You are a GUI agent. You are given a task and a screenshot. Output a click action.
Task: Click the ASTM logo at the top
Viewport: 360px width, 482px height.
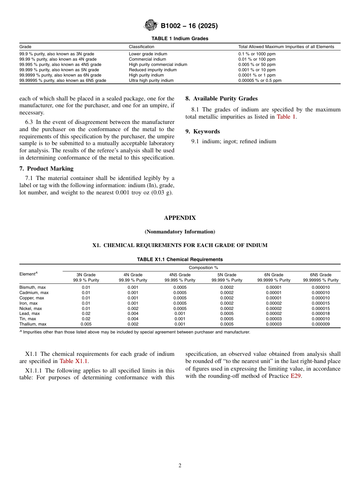pos(150,25)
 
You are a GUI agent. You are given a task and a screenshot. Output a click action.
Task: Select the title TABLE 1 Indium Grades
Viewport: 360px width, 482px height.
pos(180,39)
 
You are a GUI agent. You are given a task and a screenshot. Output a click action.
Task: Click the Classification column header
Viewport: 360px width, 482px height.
pos(141,47)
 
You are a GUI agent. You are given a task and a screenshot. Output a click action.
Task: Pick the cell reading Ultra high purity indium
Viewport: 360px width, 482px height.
pos(151,81)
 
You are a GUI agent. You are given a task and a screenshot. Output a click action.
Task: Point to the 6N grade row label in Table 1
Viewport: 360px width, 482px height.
pos(60,75)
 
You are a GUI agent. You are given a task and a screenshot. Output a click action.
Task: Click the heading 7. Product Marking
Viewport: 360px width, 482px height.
pos(46,169)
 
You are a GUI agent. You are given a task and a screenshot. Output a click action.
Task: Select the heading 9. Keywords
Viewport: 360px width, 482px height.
pos(202,131)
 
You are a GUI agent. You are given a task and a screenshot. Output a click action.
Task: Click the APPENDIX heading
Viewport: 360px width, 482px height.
pos(180,218)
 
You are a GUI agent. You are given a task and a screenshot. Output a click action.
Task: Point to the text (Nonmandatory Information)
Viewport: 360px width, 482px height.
pos(180,232)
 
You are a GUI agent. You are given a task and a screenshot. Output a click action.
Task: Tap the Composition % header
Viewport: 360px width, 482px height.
pos(203,268)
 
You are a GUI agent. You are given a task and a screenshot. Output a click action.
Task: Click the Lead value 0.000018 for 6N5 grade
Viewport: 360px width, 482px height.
pos(321,314)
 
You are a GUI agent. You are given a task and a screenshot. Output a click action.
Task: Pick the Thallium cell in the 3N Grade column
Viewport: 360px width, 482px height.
pos(86,324)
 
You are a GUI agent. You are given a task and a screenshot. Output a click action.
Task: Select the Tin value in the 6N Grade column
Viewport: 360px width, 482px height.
pos(274,319)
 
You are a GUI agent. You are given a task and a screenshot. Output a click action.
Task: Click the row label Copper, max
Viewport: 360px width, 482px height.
pos(31,298)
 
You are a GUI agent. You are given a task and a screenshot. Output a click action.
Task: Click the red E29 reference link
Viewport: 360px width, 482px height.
pos(296,376)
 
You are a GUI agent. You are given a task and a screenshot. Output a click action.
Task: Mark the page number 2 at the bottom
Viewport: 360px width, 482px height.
pos(180,466)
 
